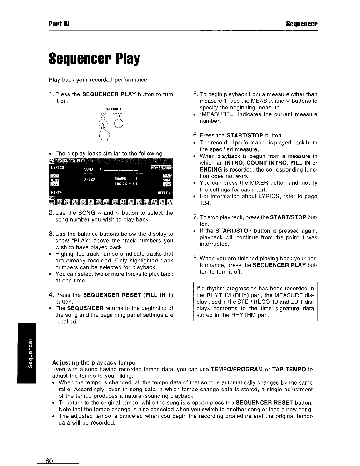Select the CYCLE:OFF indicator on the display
pos(161,168)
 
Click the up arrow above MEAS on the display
pos(54,175)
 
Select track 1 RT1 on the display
pos(52,201)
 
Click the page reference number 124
pos(204,203)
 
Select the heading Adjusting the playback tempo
pos(94,362)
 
